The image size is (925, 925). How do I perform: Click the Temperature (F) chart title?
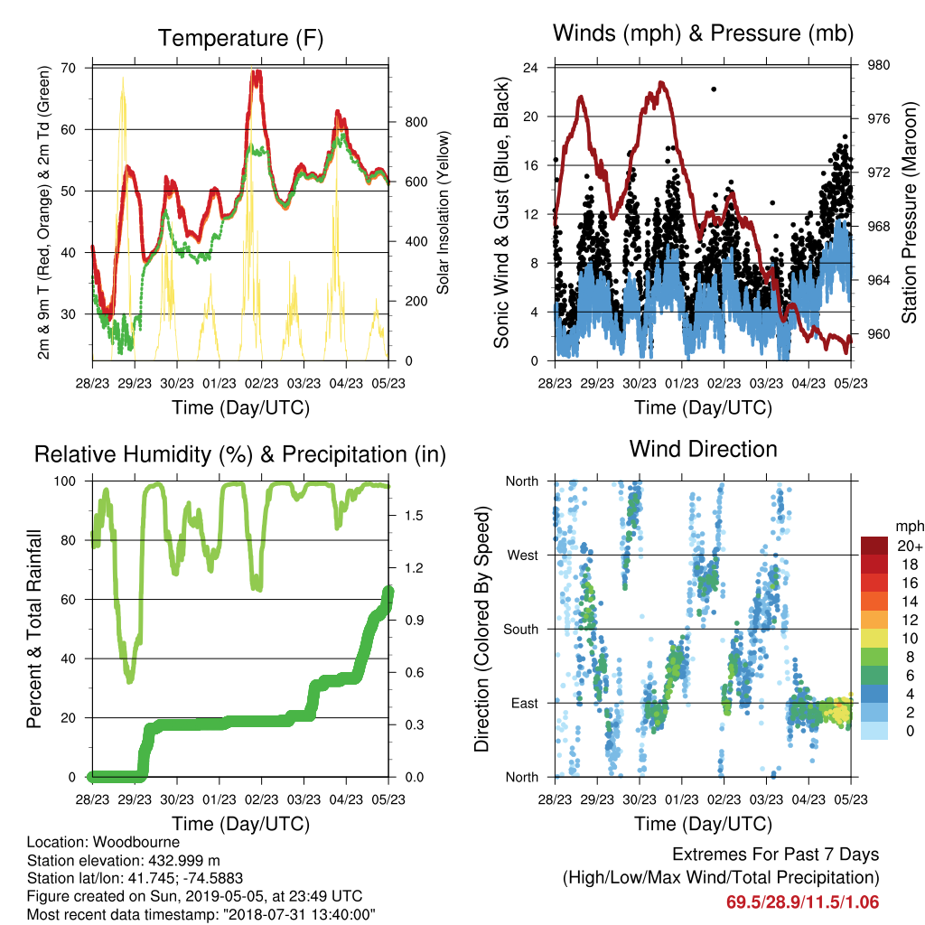[240, 38]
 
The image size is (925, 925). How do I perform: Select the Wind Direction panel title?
[703, 449]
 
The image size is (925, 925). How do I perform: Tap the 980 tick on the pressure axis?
[878, 65]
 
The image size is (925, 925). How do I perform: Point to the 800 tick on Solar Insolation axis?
[416, 122]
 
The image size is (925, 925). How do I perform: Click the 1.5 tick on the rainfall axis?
[414, 516]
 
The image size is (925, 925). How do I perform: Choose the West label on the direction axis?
[523, 556]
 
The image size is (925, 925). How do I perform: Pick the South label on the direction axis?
[521, 630]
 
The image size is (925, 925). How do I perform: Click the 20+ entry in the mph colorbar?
[909, 546]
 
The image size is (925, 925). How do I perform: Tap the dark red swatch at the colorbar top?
[874, 545]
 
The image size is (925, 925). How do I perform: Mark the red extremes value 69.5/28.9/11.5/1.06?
[802, 902]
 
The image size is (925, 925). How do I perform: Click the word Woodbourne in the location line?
[136, 842]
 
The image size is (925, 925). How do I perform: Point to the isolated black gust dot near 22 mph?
[714, 89]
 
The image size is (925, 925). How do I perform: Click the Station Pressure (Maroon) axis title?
[909, 212]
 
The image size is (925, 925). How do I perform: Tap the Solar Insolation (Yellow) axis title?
[443, 212]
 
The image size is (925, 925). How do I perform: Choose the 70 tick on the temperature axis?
[69, 68]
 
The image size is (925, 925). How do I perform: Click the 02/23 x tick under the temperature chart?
[261, 383]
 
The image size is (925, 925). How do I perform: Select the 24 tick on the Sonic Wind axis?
[530, 68]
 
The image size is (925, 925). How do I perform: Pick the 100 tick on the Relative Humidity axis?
[65, 481]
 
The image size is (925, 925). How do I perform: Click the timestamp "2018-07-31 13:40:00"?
[299, 915]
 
